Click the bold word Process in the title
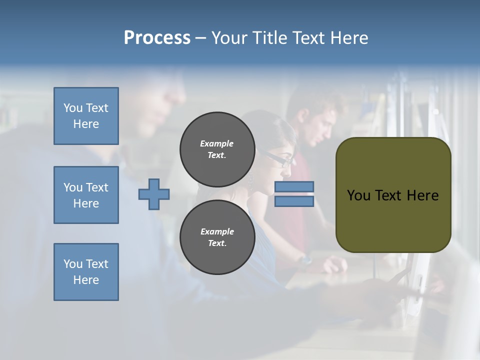(x=157, y=38)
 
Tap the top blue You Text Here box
(x=86, y=116)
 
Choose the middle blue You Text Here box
(x=86, y=195)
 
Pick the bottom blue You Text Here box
(x=86, y=272)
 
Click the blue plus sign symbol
(x=154, y=194)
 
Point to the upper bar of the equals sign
(x=294, y=187)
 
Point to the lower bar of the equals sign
(x=294, y=201)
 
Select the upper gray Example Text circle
(x=217, y=149)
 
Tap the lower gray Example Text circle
(x=217, y=237)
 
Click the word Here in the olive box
(x=422, y=195)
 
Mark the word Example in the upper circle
(x=217, y=143)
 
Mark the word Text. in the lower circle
(x=217, y=243)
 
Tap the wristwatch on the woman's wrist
(x=305, y=259)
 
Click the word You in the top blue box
(x=72, y=108)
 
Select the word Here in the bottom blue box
(x=86, y=280)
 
